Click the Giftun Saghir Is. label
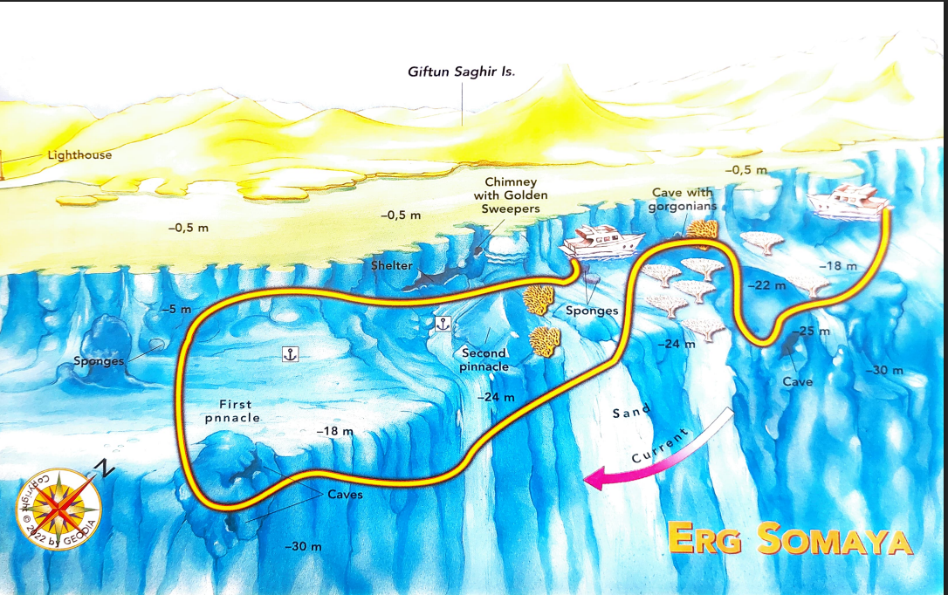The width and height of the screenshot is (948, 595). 461,72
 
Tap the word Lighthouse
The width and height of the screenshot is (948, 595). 79,155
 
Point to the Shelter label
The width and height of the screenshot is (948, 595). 391,265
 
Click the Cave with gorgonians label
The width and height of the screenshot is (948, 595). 682,199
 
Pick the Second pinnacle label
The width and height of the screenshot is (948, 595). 484,359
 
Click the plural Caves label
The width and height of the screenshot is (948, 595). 345,495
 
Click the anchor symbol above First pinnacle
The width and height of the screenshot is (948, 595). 292,353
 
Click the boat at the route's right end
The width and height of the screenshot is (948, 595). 847,202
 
